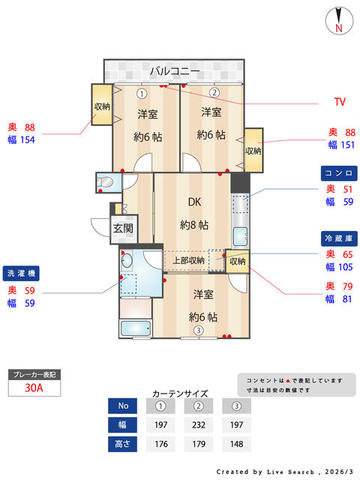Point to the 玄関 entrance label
123,228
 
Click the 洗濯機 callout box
23,271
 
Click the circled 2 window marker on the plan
213,92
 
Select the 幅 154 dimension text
22,141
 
